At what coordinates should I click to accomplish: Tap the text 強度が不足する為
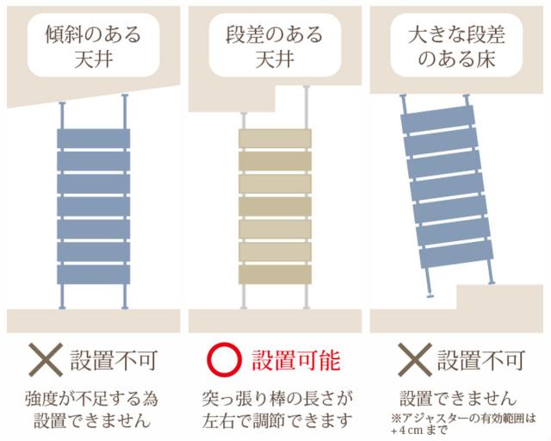click(x=93, y=400)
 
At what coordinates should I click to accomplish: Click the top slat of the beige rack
click(x=275, y=139)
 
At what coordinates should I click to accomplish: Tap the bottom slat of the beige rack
click(x=275, y=276)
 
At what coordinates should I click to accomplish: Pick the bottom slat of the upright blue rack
click(x=93, y=275)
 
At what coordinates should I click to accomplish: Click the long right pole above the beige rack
click(x=307, y=108)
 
